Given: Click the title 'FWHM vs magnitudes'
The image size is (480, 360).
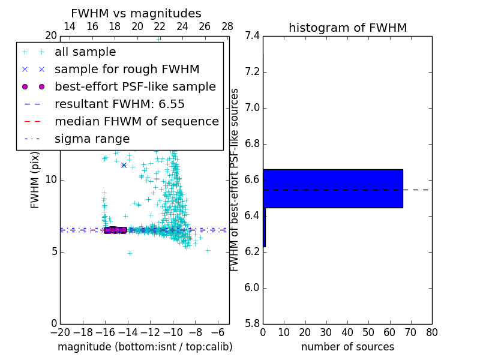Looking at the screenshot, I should pos(136,13).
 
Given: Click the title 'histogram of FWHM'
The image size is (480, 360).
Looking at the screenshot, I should pos(347,28).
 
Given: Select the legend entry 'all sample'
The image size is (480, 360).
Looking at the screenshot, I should pos(85,52).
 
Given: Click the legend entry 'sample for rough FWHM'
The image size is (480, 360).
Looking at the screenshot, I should pos(127,69).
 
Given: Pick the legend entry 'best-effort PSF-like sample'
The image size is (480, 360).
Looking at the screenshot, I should pos(135,86).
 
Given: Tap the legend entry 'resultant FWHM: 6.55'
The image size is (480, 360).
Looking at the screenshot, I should pos(119,104).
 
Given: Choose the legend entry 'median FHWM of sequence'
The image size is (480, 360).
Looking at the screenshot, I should pos(136,121).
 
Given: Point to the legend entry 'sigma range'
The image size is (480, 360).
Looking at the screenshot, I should pos(92,139).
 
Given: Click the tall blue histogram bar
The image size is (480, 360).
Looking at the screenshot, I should pos(332,188).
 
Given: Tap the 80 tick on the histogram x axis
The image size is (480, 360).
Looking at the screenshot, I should pos(431,332).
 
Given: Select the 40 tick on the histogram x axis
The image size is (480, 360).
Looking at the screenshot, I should pos(347,332).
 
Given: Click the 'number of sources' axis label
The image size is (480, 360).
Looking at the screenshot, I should pos(347,347).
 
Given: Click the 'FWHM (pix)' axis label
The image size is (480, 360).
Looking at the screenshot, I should pos(35,179).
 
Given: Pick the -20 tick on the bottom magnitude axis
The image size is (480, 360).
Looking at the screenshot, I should pos(60,332).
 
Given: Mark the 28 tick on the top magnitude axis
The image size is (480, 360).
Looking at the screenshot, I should pos(227,26).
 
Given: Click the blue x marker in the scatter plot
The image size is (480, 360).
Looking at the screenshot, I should pos(124,165).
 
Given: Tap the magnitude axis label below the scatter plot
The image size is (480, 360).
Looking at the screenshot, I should pos(145,347).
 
